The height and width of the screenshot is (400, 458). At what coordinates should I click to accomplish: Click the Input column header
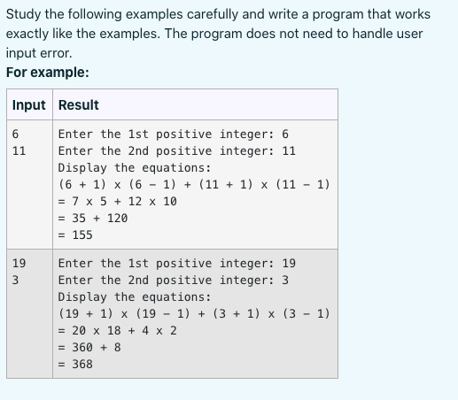point(28,105)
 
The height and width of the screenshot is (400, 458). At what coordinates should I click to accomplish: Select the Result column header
point(78,105)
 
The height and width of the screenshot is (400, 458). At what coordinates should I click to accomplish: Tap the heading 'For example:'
point(47,73)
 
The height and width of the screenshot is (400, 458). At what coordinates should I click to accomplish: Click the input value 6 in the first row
point(16,135)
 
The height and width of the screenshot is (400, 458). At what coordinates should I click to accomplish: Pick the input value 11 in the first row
point(19,151)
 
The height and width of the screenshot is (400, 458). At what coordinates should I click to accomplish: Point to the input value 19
point(19,264)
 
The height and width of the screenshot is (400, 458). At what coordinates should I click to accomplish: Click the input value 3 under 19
point(16,281)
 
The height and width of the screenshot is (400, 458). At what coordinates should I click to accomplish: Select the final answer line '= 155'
point(75,235)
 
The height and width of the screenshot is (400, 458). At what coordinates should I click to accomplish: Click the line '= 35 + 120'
point(93,219)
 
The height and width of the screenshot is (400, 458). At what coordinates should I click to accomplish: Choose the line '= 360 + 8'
point(89,348)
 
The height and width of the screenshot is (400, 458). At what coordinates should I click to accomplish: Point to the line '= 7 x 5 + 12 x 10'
point(118,202)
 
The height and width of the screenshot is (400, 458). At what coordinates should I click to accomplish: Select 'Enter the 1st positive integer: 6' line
point(174,135)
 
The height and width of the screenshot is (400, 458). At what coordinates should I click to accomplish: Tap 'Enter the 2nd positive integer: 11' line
point(177,151)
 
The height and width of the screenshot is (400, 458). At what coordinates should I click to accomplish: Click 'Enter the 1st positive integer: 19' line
point(177,264)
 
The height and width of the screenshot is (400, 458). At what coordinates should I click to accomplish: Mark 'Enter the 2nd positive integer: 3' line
point(174,281)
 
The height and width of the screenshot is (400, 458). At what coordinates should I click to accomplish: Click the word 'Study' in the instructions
point(24,14)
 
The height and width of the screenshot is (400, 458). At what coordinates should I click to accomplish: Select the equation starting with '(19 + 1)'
point(194,314)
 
